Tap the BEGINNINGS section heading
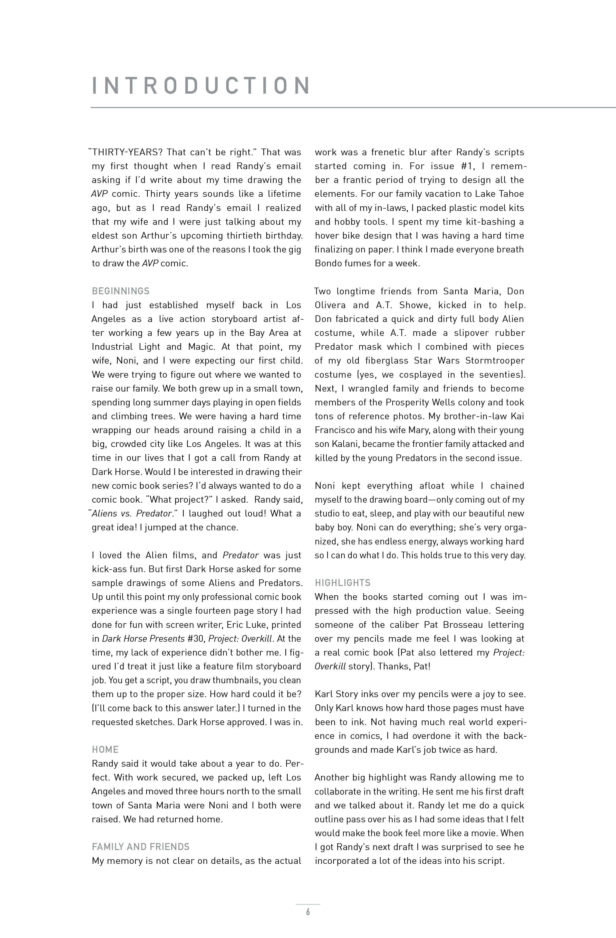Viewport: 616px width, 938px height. [x=121, y=291]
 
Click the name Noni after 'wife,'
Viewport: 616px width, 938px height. [x=126, y=361]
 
